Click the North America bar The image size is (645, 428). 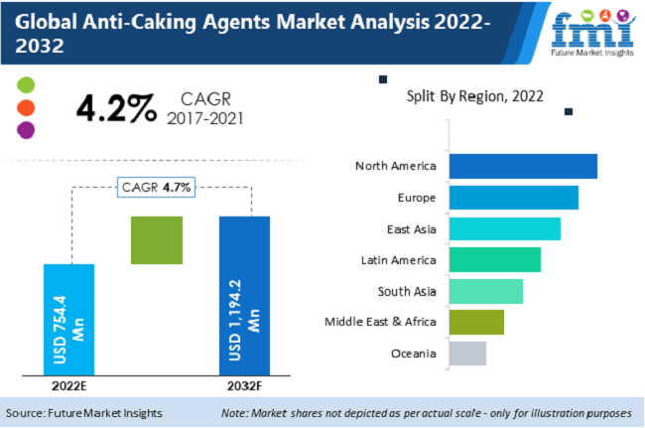pos(522,166)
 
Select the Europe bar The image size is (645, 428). pos(513,198)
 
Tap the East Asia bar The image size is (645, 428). pos(504,228)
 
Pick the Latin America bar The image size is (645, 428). pos(494,260)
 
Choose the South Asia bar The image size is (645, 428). pos(485,291)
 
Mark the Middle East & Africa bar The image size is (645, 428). pos(476,322)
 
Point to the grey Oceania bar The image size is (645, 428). pos(467,354)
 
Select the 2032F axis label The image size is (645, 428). pos(244,384)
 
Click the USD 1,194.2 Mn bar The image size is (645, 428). pos(244,294)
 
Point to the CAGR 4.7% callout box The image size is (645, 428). pos(157,187)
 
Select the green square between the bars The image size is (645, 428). pos(157,239)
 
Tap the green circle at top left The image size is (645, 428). pos(27,84)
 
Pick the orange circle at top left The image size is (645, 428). pos(27,107)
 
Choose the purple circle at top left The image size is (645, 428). pos(27,130)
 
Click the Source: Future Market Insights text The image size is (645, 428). pos(83,412)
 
